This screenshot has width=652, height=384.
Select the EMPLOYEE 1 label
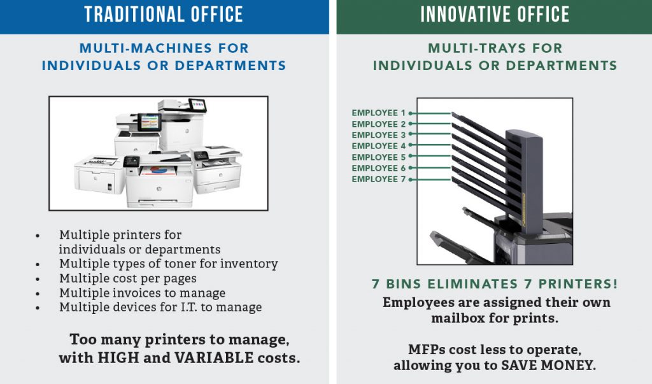tap(378, 113)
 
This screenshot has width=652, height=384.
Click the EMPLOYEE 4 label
tap(378, 146)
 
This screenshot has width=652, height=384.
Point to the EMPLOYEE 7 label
tap(378, 180)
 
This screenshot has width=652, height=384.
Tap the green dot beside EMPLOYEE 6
tap(411, 167)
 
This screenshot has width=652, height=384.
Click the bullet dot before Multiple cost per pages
tap(38, 279)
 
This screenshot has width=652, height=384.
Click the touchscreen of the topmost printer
tap(197, 105)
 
